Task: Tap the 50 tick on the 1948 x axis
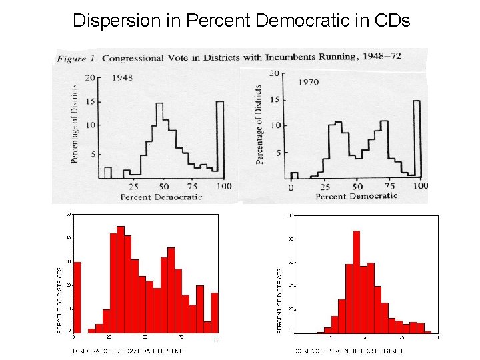(x=163, y=187)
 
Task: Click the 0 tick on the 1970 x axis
(x=290, y=187)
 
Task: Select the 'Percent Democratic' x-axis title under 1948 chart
(x=161, y=197)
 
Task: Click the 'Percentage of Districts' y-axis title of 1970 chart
(x=260, y=125)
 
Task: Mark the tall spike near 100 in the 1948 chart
(x=220, y=140)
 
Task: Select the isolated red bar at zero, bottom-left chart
(x=77, y=297)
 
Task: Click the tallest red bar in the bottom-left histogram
(x=121, y=279)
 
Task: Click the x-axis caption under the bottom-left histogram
(x=127, y=351)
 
